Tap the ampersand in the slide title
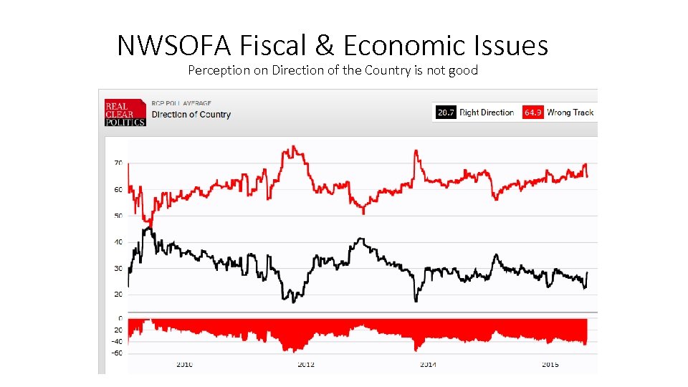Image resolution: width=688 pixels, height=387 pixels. pos(325,46)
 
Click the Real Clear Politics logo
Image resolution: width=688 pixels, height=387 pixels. pos(125,113)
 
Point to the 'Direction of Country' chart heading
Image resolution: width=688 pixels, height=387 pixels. pos(191,115)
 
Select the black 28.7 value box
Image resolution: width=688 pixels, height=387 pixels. pos(446,113)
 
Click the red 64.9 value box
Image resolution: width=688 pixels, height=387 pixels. pos(532,113)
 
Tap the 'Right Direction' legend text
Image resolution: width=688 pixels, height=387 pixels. pos(487,113)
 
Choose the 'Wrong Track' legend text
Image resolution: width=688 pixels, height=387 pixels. pos(570,113)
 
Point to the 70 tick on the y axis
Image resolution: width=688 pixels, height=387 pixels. pos(118,163)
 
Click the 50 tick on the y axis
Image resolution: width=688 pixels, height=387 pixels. pos(118,216)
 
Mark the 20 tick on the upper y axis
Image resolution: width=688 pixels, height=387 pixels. pos(118,295)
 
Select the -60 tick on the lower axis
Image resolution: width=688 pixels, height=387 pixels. pos(116,353)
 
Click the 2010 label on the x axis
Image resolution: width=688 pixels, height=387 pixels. pos(185,365)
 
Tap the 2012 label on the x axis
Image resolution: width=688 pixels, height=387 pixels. pos(306,365)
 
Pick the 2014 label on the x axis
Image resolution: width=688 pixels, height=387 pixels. pos(427,365)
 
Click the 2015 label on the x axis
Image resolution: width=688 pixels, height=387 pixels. pos(550,365)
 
